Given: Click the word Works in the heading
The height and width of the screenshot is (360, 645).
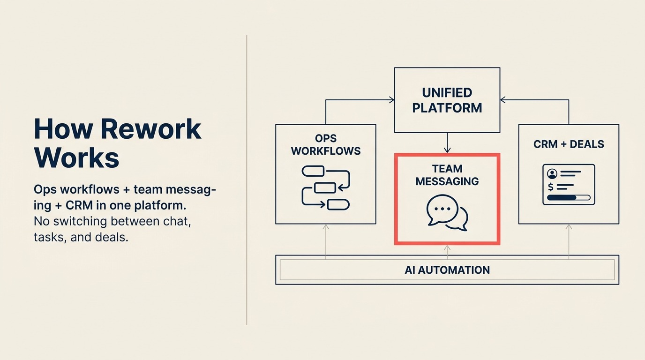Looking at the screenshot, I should pyautogui.click(x=76, y=158).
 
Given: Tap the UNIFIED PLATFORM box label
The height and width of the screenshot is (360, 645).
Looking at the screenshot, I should pyautogui.click(x=447, y=100).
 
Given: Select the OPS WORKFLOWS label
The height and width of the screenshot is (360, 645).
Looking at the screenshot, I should pyautogui.click(x=326, y=145).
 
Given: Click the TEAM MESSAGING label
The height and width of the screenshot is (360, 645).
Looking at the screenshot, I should pyautogui.click(x=447, y=175).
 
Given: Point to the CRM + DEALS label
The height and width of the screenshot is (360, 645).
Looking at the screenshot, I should pyautogui.click(x=569, y=144).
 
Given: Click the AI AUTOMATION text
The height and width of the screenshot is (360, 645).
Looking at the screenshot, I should pyautogui.click(x=447, y=270).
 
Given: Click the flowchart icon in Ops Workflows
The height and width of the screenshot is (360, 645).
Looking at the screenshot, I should pyautogui.click(x=326, y=187).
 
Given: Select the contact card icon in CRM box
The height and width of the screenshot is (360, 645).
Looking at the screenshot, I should pyautogui.click(x=569, y=184).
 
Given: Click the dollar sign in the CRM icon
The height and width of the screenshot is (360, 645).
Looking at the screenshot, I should pyautogui.click(x=550, y=187).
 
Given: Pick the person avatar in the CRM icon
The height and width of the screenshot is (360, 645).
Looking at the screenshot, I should pyautogui.click(x=552, y=174).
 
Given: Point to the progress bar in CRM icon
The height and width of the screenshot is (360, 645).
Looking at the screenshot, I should pyautogui.click(x=569, y=198).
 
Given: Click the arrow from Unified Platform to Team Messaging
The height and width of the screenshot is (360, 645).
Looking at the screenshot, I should pyautogui.click(x=447, y=143).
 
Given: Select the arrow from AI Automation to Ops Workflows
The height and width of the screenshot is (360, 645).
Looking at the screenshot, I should pyautogui.click(x=326, y=240).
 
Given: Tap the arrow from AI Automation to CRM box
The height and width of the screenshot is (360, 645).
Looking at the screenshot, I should pyautogui.click(x=569, y=240).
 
